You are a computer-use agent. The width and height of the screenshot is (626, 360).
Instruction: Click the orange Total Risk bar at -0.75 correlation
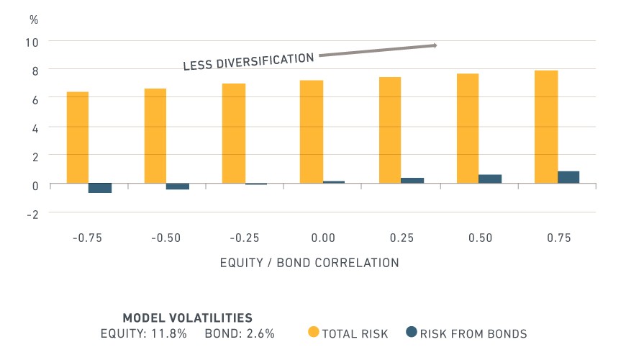[x=78, y=138]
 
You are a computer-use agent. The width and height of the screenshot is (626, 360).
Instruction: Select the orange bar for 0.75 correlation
[x=546, y=127]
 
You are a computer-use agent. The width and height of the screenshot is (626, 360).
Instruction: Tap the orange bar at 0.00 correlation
[x=312, y=132]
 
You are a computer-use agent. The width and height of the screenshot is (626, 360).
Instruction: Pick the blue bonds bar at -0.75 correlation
[x=100, y=188]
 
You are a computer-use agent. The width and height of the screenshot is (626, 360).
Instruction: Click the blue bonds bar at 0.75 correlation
[x=568, y=177]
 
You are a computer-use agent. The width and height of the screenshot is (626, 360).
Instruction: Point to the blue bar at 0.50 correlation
[x=490, y=179]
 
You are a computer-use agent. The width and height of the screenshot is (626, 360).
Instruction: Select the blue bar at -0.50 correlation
[x=178, y=186]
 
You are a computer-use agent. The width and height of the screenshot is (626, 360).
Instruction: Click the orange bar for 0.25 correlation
[x=390, y=130]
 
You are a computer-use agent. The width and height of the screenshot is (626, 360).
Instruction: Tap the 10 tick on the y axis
[x=32, y=42]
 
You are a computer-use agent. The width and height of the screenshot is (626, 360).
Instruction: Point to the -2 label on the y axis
[x=32, y=215]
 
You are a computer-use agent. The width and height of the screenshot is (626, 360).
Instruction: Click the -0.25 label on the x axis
[x=245, y=238]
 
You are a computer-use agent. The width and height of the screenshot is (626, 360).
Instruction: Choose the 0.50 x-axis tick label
[x=480, y=238]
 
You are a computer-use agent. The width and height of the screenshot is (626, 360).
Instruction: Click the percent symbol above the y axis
[x=34, y=19]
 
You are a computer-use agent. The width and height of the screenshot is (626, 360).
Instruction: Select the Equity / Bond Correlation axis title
[x=309, y=263]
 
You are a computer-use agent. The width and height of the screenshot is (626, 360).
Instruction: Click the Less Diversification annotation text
[x=248, y=61]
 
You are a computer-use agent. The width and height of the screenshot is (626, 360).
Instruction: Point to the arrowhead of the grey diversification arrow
[x=435, y=45]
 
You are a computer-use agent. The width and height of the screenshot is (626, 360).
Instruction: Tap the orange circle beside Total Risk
[x=314, y=332]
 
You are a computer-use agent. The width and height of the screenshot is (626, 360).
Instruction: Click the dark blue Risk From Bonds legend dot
[x=411, y=332]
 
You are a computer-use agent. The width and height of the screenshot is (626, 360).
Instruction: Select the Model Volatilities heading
[x=187, y=318]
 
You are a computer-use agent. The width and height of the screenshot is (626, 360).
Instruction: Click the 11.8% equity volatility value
[x=169, y=333]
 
